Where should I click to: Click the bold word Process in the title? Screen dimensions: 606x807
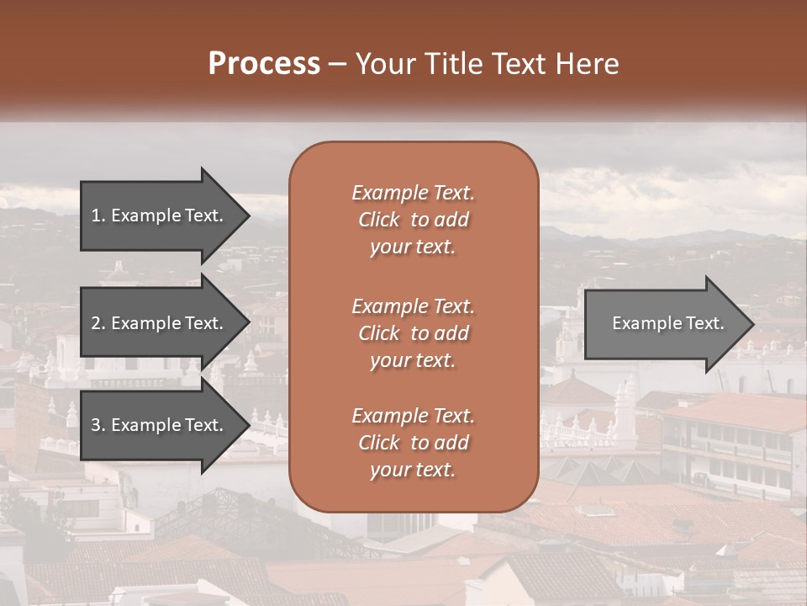(x=264, y=64)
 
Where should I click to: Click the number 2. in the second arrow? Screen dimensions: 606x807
(x=98, y=323)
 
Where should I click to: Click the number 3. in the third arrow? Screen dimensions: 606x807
(x=98, y=425)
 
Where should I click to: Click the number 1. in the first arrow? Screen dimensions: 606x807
(x=98, y=215)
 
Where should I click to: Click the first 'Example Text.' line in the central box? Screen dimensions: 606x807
(x=413, y=193)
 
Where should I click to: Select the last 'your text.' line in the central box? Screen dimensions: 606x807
(x=413, y=470)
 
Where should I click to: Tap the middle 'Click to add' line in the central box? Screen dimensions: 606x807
(x=413, y=333)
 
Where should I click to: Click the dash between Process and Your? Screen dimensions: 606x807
(x=338, y=65)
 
